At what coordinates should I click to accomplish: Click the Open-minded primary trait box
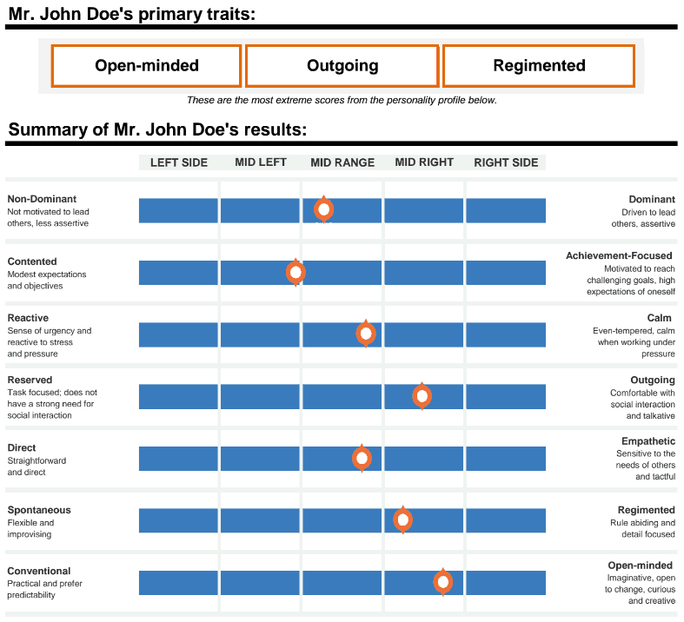146,66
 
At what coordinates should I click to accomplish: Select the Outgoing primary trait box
342,66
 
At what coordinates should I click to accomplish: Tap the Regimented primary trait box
539,66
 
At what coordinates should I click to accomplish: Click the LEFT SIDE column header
179,162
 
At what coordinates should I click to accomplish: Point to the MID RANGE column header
342,162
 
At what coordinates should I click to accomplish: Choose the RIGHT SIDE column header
506,162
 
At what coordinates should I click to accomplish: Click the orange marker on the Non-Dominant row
324,209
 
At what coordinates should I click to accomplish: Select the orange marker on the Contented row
296,272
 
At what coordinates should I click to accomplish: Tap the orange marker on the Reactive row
366,334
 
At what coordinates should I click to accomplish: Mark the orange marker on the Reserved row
422,396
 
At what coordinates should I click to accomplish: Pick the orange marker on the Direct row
362,458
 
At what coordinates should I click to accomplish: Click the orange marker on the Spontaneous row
402,519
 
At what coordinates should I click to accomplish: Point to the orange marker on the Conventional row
443,582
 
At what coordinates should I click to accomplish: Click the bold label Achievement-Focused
619,256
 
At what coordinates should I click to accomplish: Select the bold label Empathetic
647,441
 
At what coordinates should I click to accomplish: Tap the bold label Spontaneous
39,510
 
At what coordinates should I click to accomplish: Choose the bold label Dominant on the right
652,200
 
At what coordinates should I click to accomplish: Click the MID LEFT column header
261,162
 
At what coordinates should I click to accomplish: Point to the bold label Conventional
39,571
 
